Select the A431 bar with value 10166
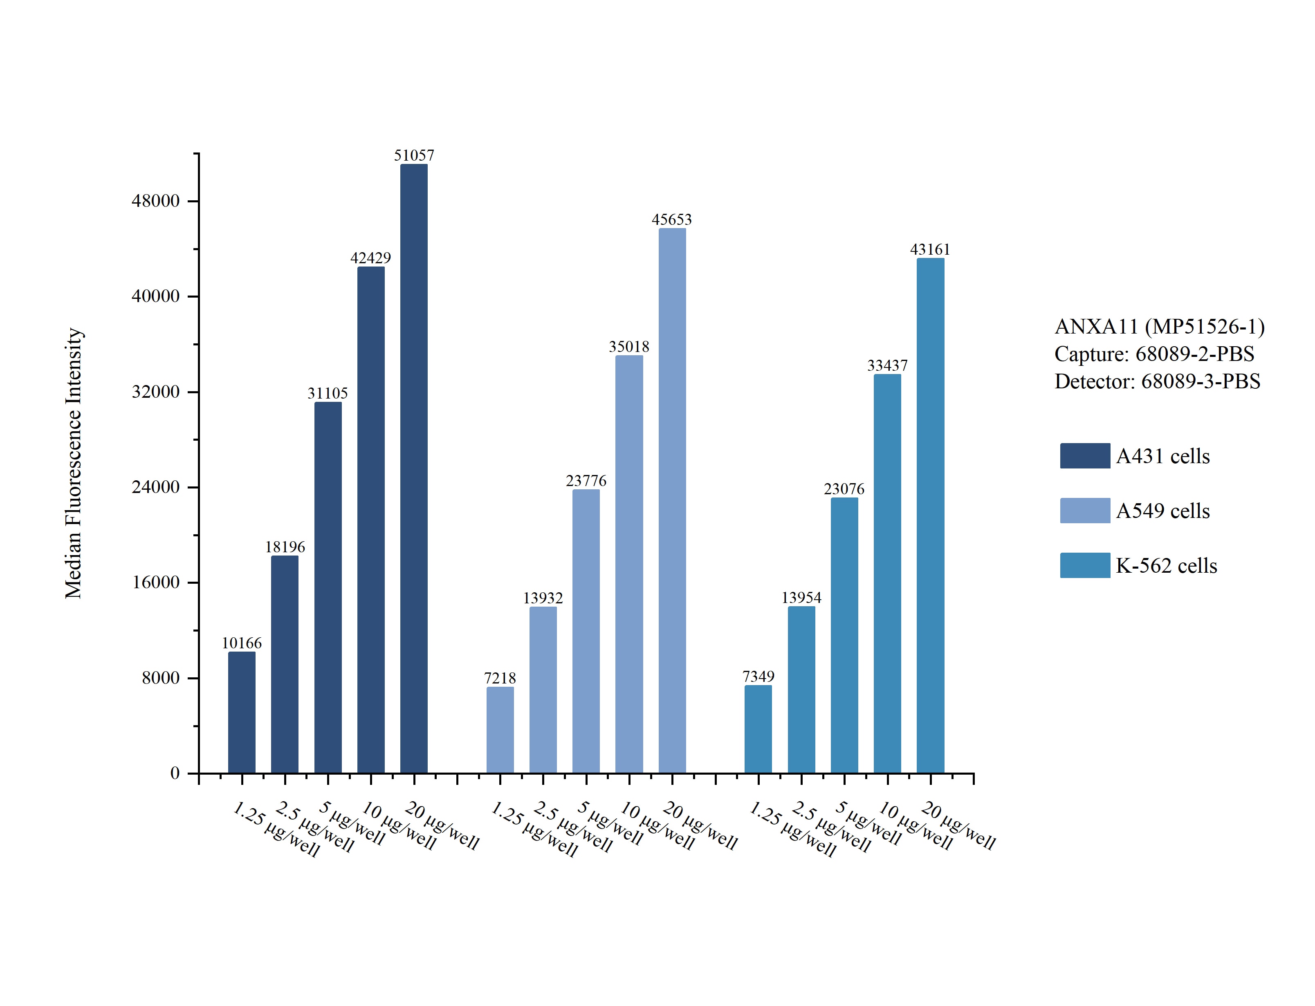pos(242,712)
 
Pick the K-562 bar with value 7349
pos(758,729)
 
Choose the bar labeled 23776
pos(586,631)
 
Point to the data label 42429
pos(371,258)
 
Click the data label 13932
pos(543,598)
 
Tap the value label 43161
pos(930,250)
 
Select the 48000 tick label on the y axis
pos(156,201)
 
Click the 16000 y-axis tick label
pos(156,583)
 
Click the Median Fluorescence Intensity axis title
pos(74,463)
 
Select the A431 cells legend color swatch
pos(1084,456)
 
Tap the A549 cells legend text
pos(1163,511)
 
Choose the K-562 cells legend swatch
pos(1084,565)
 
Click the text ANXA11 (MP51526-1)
pos(1159,326)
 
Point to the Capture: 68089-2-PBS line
pos(1154,354)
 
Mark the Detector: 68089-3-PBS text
pos(1157,381)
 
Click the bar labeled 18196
pos(285,664)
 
